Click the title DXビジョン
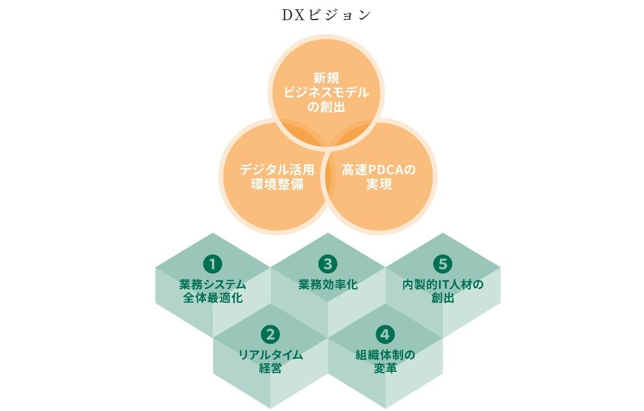tap(327, 15)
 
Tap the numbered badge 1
tap(213, 265)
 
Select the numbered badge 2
tap(270, 334)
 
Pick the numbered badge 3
tap(328, 265)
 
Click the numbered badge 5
tap(442, 265)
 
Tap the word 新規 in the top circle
tap(327, 78)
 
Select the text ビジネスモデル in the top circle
tap(327, 92)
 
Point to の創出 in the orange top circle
tap(327, 107)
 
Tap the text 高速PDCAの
tap(378, 170)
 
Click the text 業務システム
tap(213, 285)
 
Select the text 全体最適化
tap(213, 299)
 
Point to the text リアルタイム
tap(270, 355)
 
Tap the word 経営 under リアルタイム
tap(270, 368)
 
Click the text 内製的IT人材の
tap(442, 285)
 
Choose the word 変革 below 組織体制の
tap(385, 368)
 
